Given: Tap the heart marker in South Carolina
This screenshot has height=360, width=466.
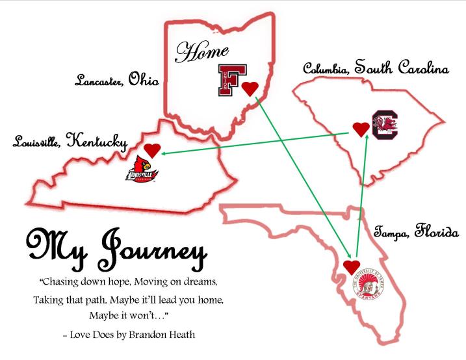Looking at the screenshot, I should (361, 129).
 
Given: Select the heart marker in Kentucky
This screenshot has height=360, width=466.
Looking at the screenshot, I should (152, 150).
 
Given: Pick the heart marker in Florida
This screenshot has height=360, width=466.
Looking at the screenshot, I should (352, 266).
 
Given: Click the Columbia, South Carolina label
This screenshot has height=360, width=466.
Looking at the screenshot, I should (376, 68).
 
